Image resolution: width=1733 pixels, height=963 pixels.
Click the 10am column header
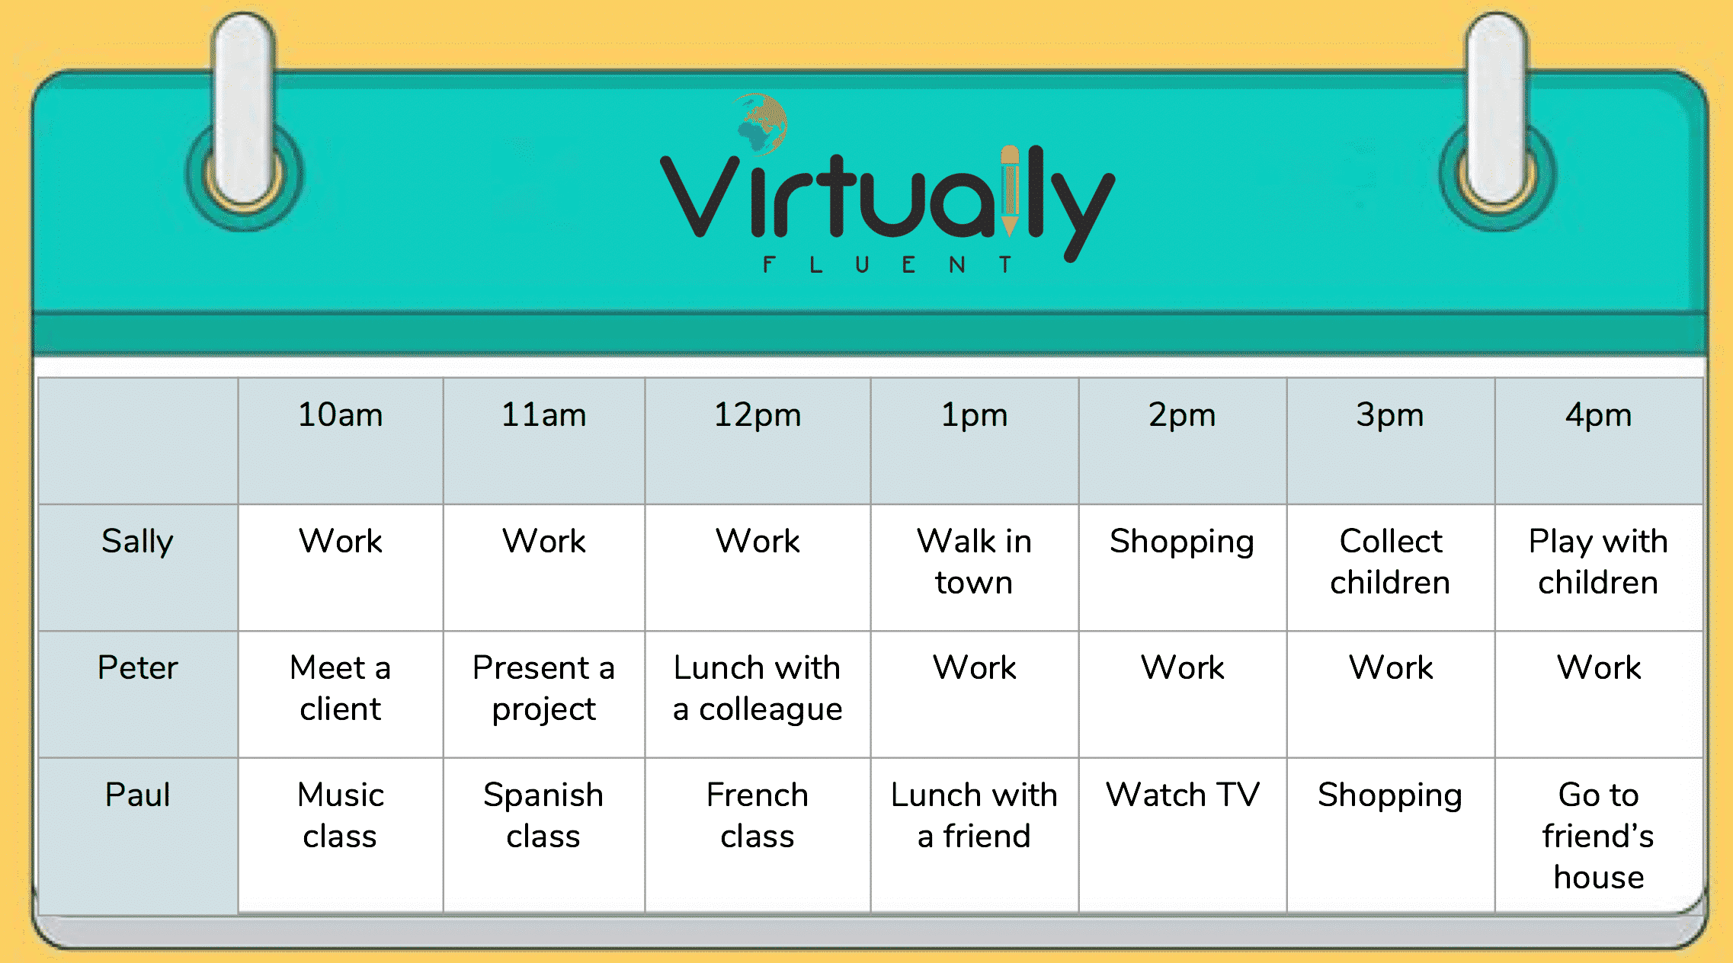click(340, 415)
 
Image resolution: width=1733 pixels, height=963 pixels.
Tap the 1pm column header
click(974, 416)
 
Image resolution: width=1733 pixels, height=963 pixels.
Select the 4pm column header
click(1598, 416)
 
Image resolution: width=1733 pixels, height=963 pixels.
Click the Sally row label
click(137, 542)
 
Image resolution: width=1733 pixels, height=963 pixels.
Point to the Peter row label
click(137, 667)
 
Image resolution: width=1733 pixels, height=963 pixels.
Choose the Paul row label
click(137, 794)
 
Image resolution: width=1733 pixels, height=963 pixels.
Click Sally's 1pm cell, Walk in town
click(974, 561)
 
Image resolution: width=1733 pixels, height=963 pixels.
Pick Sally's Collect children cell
click(1390, 561)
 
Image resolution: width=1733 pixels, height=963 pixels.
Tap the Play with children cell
click(1598, 561)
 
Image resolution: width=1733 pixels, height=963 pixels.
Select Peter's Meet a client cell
click(340, 688)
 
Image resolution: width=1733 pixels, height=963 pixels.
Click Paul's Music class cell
click(340, 815)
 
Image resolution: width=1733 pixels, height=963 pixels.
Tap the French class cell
click(758, 815)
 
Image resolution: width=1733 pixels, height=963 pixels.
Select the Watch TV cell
click(1182, 795)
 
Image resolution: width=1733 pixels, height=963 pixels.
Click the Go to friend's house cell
click(1598, 836)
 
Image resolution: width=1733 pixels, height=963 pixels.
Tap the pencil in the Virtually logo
click(1010, 190)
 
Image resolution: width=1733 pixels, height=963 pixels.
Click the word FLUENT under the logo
click(887, 264)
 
